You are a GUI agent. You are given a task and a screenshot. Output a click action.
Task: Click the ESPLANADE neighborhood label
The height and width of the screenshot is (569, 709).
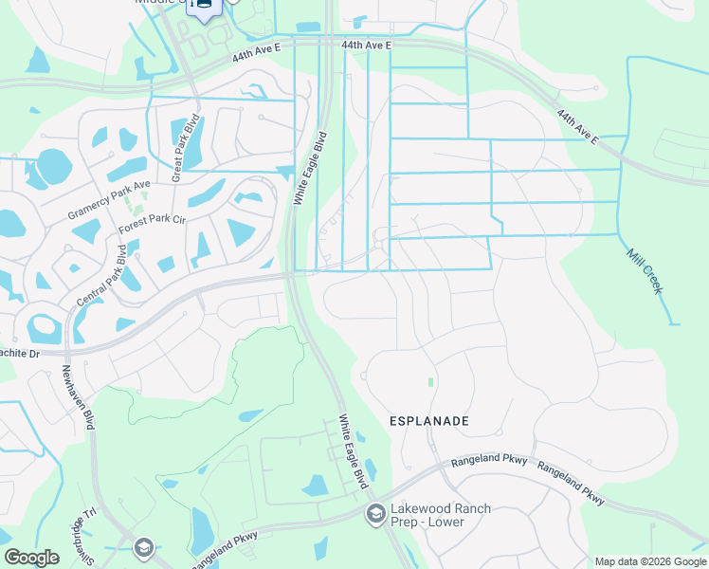pyautogui.click(x=429, y=419)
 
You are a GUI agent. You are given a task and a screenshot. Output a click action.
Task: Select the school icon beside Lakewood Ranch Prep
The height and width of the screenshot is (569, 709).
pyautogui.click(x=375, y=514)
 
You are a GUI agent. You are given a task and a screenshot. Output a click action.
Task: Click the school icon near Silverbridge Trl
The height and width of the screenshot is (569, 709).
pyautogui.click(x=143, y=547)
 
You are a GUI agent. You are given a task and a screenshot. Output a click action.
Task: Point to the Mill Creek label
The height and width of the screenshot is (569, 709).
pyautogui.click(x=645, y=270)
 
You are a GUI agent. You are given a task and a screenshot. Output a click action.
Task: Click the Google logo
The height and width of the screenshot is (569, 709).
pyautogui.click(x=31, y=558)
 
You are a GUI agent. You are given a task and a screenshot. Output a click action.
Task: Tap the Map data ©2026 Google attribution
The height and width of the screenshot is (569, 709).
pyautogui.click(x=651, y=561)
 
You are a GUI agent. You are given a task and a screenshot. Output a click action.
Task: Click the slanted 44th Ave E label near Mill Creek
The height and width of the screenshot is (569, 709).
pyautogui.click(x=578, y=126)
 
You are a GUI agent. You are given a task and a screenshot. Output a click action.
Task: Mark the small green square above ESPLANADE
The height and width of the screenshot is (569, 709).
pyautogui.click(x=430, y=382)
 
